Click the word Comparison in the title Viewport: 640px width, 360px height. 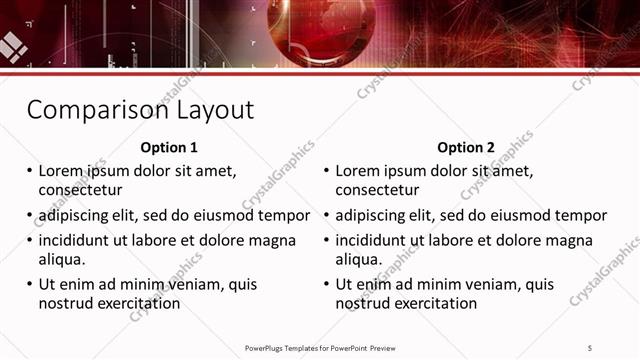(x=91, y=109)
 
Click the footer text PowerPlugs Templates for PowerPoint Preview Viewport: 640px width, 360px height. (x=320, y=347)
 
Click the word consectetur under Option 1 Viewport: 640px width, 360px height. (x=80, y=189)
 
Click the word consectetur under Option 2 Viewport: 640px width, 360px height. (x=377, y=189)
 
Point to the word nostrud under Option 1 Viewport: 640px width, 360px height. (x=67, y=303)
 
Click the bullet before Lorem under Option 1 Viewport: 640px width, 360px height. (x=29, y=171)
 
